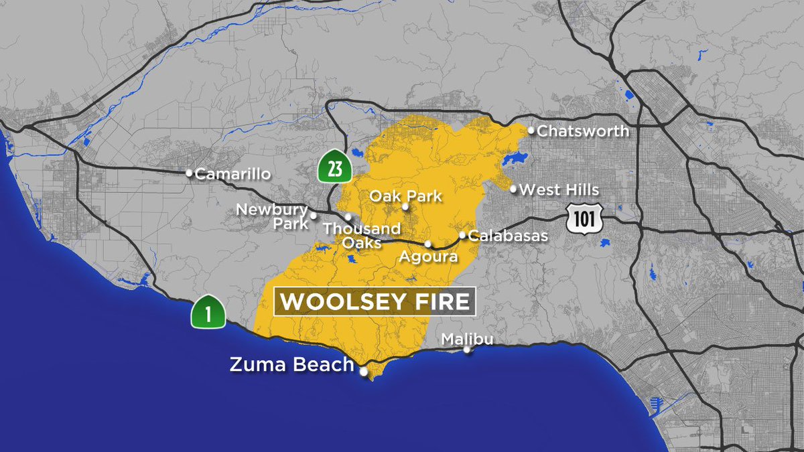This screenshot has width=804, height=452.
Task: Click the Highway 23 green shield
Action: (x=335, y=168)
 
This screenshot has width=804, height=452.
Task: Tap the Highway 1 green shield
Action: (x=208, y=312)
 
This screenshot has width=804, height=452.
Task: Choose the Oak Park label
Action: (x=406, y=196)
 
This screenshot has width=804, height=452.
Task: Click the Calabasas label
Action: (x=508, y=236)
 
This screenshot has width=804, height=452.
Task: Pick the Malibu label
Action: (x=467, y=340)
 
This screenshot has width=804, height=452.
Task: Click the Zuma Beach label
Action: (x=291, y=365)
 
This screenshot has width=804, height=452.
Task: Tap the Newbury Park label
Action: (x=271, y=216)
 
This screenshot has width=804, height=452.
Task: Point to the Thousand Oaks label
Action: (x=352, y=235)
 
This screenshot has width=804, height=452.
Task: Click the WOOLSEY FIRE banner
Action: (x=375, y=301)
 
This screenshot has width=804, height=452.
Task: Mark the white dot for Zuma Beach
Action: (x=364, y=372)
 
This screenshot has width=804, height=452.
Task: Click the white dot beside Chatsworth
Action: (x=531, y=131)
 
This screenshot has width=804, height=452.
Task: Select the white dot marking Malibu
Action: (x=467, y=350)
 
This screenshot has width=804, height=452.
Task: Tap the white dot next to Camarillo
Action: (x=190, y=173)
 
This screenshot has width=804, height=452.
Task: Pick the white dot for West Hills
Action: (x=514, y=190)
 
